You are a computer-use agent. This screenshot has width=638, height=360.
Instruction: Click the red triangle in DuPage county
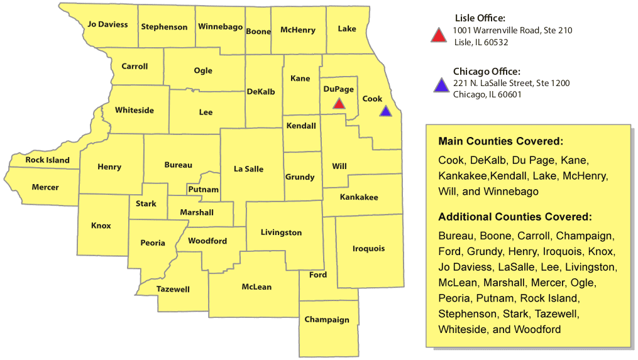coord(339,104)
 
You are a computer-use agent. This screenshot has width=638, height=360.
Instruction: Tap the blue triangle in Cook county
coord(385,112)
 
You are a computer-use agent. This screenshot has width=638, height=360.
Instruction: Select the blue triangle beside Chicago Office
coord(441,85)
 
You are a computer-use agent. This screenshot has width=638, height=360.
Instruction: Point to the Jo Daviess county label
coord(107,25)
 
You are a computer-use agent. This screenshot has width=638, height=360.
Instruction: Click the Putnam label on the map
coord(203,190)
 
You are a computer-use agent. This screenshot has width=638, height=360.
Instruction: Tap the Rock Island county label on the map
coord(47,160)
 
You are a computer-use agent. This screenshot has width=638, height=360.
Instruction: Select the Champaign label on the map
coord(327,320)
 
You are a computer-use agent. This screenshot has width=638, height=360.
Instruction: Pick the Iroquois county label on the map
coord(368,249)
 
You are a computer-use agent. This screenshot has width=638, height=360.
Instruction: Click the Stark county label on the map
coord(146,204)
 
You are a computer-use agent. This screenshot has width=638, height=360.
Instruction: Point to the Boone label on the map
coord(258,31)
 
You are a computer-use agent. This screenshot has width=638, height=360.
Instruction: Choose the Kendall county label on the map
coord(301,126)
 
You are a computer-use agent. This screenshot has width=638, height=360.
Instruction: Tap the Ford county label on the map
coord(318,275)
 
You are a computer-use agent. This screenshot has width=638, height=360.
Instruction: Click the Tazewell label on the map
coord(173,290)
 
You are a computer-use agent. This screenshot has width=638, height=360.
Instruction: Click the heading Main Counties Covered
coord(500,141)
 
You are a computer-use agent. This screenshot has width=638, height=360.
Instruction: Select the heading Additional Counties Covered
coord(515,217)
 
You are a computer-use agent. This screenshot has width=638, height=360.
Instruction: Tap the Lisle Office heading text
coord(480,18)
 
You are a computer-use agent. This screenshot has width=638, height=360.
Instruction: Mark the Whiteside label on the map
coord(135,111)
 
